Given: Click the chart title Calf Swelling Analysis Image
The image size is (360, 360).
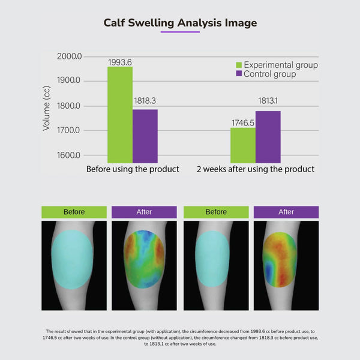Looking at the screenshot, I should click(x=180, y=23).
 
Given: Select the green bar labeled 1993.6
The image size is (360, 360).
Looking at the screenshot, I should click(x=120, y=114).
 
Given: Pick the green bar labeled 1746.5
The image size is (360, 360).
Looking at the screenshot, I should click(x=243, y=145).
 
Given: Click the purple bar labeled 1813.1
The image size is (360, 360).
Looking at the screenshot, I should click(x=268, y=136).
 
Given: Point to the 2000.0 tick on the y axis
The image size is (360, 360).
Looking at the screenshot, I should click(x=69, y=56).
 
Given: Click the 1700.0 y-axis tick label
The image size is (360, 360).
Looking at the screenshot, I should click(x=69, y=130).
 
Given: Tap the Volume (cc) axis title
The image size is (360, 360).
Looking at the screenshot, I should click(x=47, y=108).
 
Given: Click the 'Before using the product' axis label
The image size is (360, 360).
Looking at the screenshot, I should click(x=133, y=169).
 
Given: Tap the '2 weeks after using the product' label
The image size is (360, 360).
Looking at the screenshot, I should click(x=256, y=169).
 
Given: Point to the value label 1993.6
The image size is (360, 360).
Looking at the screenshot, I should click(x=120, y=62).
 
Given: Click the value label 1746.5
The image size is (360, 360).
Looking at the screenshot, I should click(x=243, y=122).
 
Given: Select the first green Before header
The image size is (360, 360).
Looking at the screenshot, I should click(x=74, y=212).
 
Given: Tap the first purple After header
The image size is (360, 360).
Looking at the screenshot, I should click(x=144, y=212).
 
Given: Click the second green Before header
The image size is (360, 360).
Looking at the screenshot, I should click(x=216, y=212).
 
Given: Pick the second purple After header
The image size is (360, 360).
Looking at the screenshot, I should click(x=286, y=212).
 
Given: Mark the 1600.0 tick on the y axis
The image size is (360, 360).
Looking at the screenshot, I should click(x=69, y=155).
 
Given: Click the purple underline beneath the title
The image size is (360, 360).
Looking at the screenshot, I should click(x=180, y=32).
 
